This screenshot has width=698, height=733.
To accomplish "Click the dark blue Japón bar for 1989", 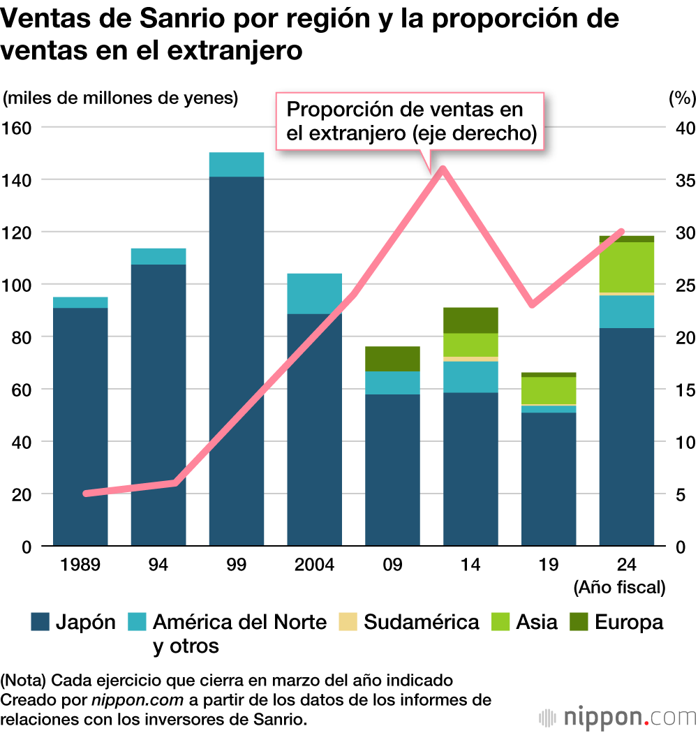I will [x=80, y=426].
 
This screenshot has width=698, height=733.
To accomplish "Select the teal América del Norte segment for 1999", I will [x=237, y=165].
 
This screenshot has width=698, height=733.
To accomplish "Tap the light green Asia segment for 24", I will [x=626, y=267].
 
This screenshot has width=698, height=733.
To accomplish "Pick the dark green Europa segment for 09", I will [x=392, y=358].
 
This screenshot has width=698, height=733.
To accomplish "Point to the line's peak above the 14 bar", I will [x=443, y=169].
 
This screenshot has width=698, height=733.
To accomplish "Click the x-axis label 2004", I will [x=315, y=564].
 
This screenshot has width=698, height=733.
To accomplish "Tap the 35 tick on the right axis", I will [x=682, y=180].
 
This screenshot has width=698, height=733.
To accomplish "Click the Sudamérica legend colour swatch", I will [x=347, y=621].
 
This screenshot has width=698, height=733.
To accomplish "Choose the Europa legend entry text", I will [x=628, y=621].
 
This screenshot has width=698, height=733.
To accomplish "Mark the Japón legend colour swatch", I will [x=40, y=621].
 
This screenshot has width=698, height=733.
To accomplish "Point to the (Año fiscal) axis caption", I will [x=619, y=587].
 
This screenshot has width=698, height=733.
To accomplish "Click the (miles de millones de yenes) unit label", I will [x=120, y=98].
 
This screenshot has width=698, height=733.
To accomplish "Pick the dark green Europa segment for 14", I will [x=470, y=320].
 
